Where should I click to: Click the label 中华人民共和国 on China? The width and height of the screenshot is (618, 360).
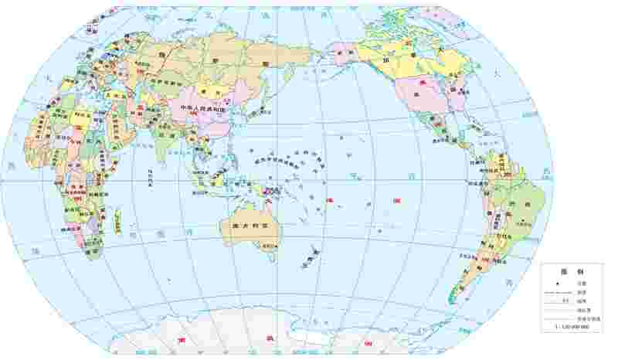pyautogui.click(x=202, y=109)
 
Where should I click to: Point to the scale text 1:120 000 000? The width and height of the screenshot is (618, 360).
pyautogui.click(x=572, y=328)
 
